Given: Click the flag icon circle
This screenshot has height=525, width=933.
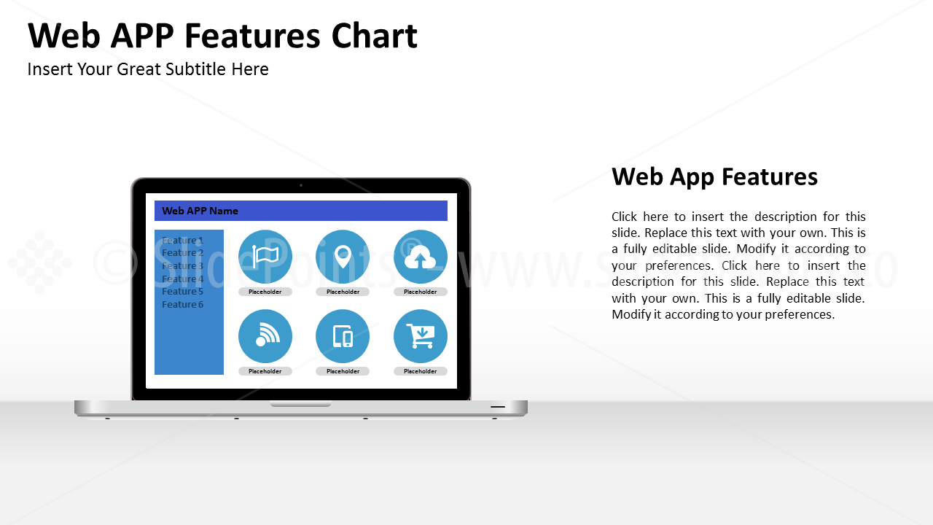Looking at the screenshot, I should tap(265, 257).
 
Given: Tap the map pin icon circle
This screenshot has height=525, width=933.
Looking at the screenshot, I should tap(343, 257).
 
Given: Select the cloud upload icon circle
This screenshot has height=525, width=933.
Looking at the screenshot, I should tap(421, 257).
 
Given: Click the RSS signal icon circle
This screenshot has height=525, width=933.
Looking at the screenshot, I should tap(265, 336).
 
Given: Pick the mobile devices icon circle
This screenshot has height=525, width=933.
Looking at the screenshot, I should tap(343, 336).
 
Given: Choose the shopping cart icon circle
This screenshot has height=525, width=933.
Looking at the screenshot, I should tap(421, 336).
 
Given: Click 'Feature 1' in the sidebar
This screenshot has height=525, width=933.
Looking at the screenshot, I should tap(182, 241).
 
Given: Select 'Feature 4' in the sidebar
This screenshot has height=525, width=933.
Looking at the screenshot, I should tap(182, 279).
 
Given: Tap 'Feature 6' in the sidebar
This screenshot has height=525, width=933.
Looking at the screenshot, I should tap(182, 305).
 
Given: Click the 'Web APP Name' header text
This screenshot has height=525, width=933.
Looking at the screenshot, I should tap(200, 211).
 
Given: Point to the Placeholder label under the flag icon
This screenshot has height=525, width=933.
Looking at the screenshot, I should tap(265, 292).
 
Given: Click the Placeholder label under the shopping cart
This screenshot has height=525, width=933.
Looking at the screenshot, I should tap(421, 371).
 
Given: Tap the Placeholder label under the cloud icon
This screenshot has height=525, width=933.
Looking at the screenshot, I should tap(421, 292).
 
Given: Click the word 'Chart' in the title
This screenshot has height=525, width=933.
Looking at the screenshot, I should tap(374, 36).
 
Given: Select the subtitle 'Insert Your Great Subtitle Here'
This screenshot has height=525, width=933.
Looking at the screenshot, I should tap(148, 69).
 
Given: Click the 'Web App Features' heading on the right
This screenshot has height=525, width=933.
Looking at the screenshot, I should tap(714, 176).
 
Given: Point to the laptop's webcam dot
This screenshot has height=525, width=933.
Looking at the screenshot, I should tap(301, 185).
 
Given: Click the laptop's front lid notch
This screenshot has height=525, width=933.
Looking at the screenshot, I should tap(300, 404).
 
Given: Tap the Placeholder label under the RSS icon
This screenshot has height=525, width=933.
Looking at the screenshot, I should tap(265, 371).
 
